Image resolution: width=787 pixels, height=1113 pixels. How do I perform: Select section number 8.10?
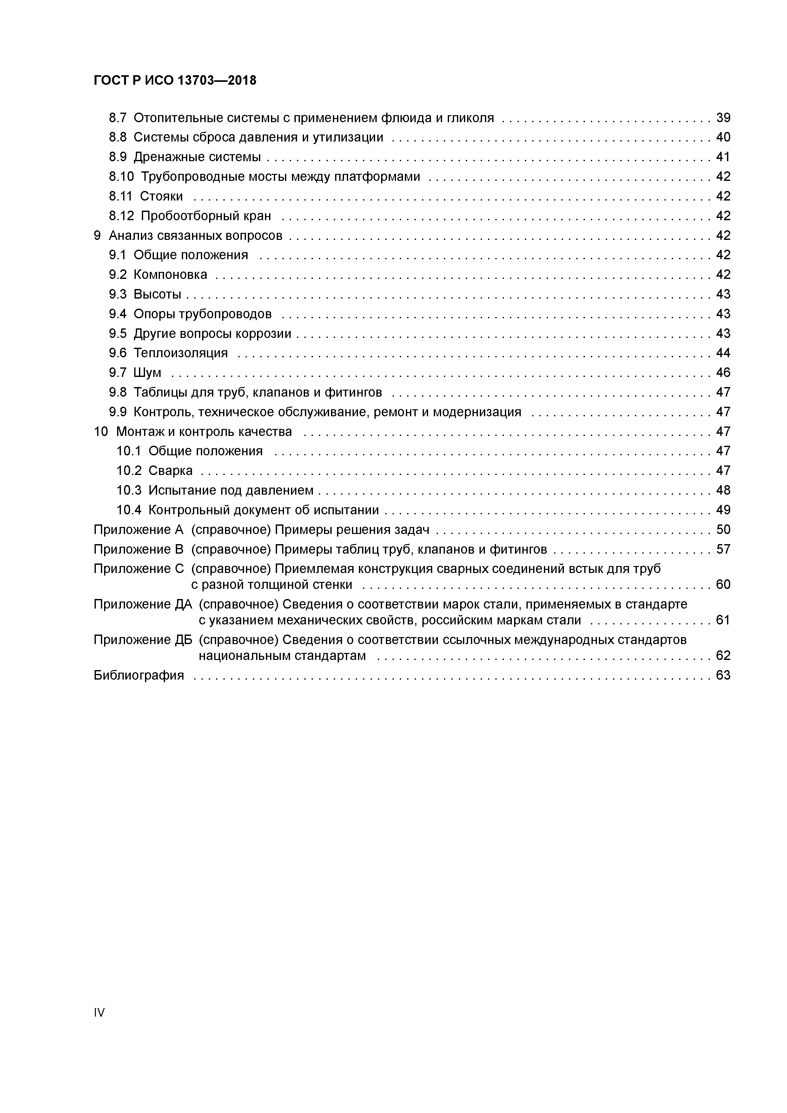point(121,176)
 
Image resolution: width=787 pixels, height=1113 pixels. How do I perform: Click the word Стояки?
point(162,196)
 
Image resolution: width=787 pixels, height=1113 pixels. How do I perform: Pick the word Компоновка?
point(170,275)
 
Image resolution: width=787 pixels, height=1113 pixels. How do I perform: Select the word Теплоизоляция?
point(180,353)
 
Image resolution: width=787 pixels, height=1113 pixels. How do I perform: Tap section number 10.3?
point(129,491)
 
